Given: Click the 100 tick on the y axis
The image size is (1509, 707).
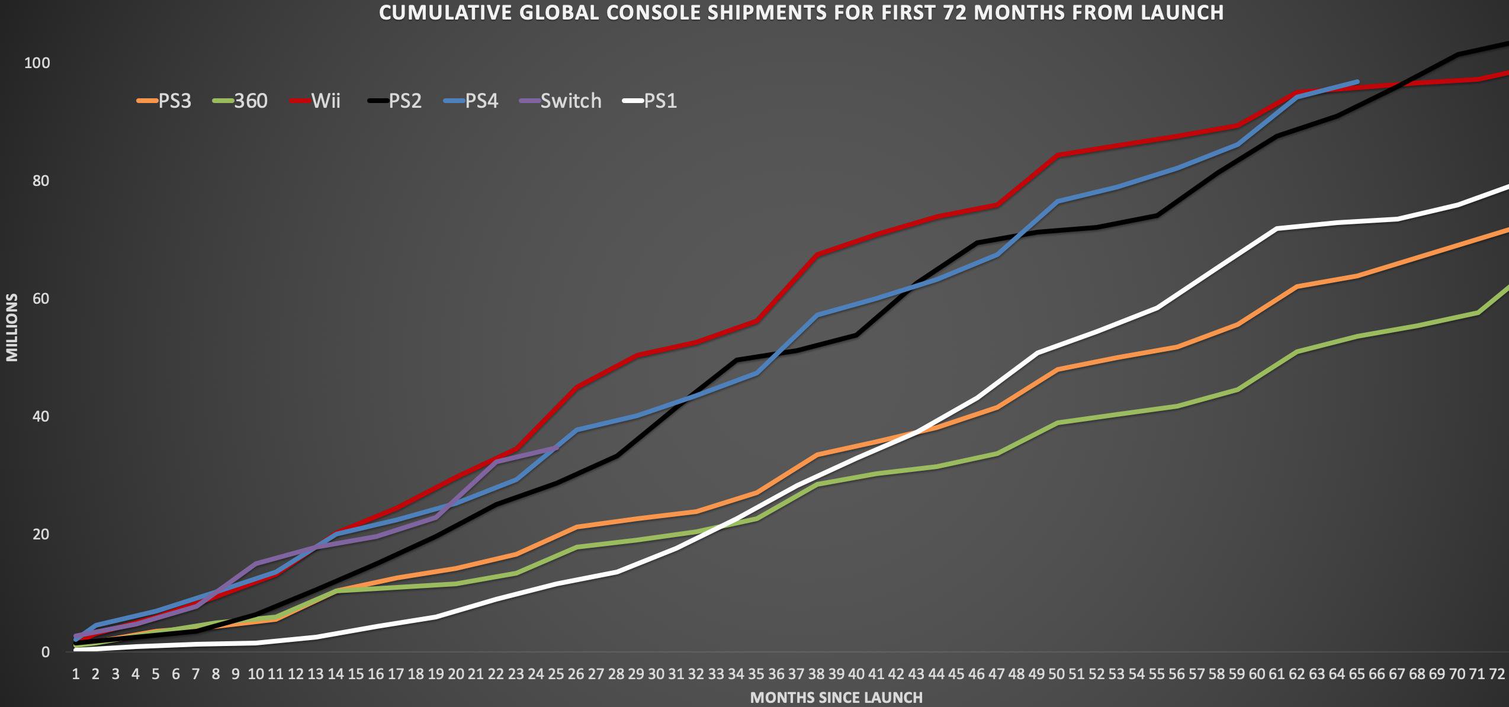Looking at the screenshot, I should coord(36,63).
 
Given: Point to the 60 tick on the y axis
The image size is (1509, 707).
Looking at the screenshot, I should coord(40,298).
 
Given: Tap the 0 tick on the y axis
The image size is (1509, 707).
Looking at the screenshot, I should coord(46,653).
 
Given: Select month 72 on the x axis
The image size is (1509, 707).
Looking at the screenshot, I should coord(1497,674).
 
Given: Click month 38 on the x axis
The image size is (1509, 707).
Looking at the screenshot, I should coord(816,674).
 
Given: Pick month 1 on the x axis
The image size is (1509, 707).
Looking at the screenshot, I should coord(76,674).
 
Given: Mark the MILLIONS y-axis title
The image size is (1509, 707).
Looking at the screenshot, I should coord(12,327).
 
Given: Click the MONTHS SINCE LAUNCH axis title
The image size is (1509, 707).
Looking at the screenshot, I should coord(836,698).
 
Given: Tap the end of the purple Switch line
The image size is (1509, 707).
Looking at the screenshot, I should coord(556,448).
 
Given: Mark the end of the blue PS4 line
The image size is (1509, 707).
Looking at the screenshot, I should coord(1357,82).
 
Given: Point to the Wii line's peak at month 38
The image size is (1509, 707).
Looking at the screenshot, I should coord(817,255).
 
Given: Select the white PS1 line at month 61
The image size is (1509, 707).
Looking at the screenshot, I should coord(1277,229).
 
